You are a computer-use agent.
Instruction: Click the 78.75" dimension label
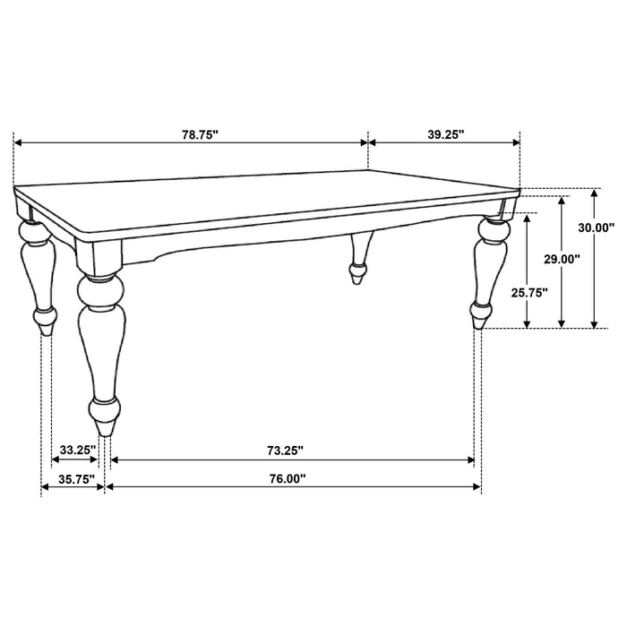[200, 134]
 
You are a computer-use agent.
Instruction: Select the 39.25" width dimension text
[444, 134]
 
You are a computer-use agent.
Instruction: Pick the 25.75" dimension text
[529, 292]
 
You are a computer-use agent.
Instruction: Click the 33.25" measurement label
[78, 450]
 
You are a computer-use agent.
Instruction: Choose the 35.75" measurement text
[76, 479]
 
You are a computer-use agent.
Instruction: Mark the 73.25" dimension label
[285, 450]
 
